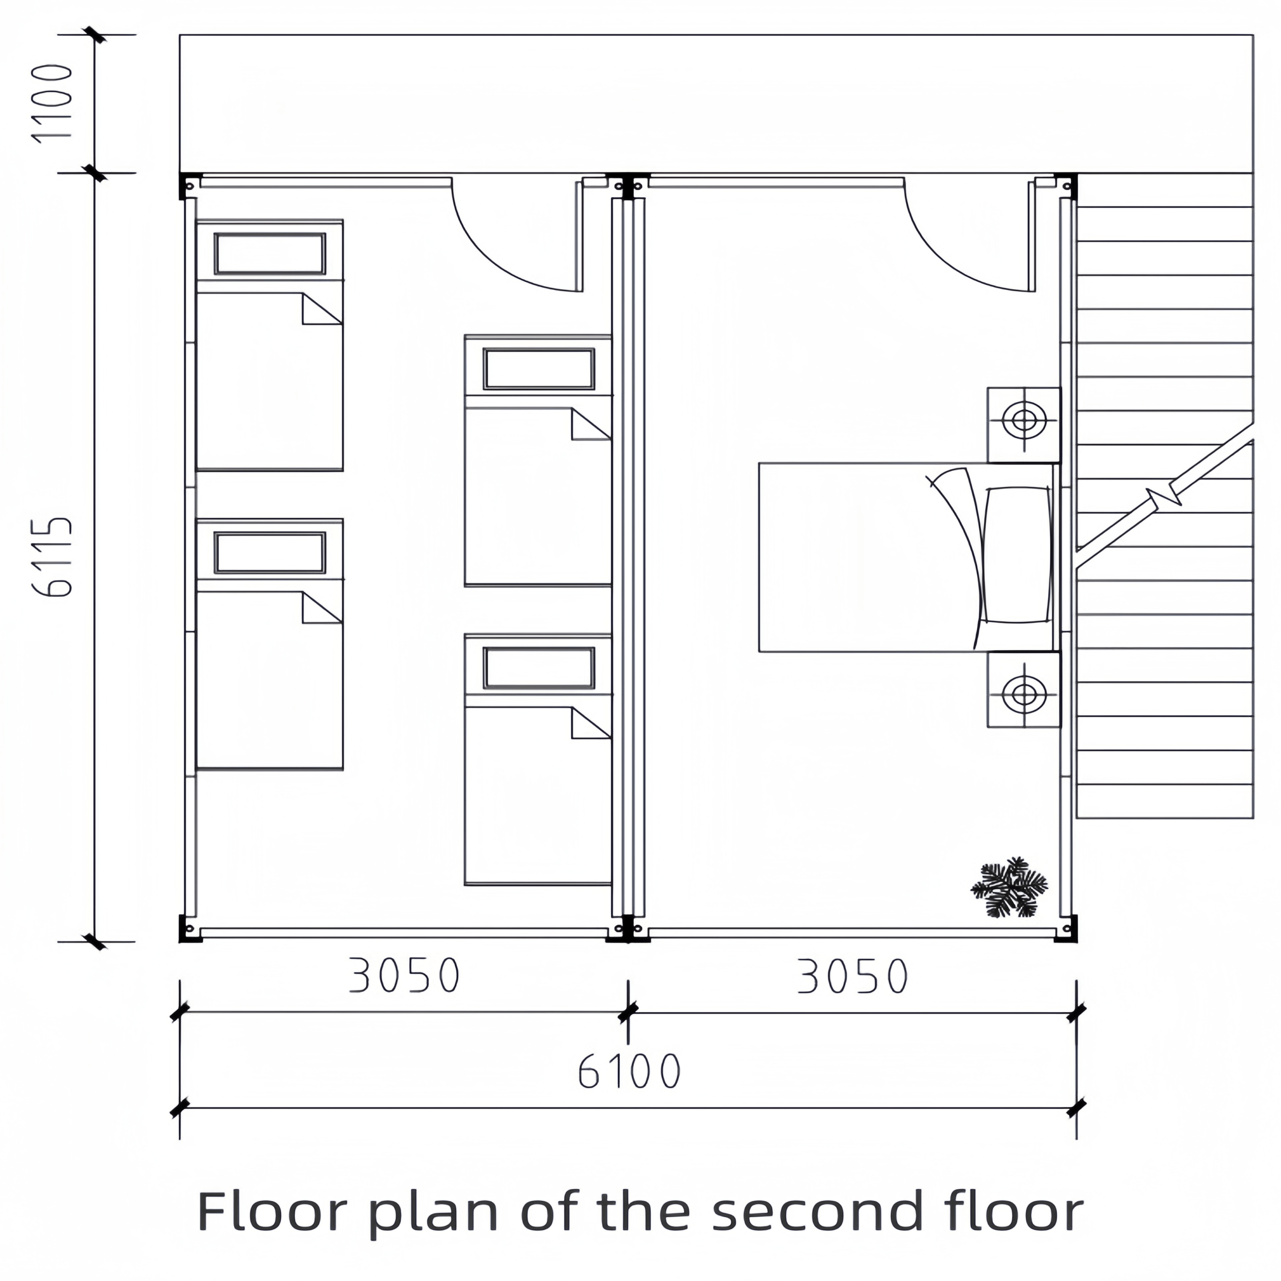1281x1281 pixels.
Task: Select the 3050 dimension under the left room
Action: click(x=404, y=975)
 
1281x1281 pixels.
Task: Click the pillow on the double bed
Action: click(x=1017, y=555)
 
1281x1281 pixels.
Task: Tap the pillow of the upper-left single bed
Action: click(x=270, y=253)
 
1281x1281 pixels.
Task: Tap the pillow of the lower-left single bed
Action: click(x=270, y=552)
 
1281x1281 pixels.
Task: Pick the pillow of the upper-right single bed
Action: click(x=539, y=369)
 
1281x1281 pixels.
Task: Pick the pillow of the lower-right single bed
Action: click(x=539, y=668)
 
